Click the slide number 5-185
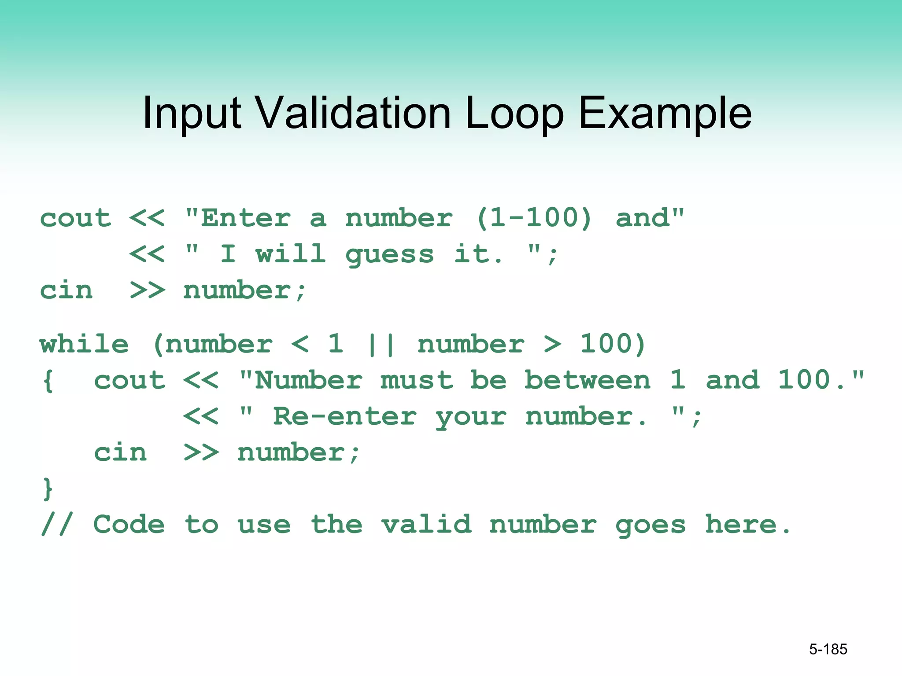coord(828,649)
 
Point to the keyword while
coord(84,344)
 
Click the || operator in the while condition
coord(381,345)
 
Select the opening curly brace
coord(48,381)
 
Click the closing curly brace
coord(48,489)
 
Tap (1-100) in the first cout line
coord(534,218)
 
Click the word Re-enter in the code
coord(344,416)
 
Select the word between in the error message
coord(587,380)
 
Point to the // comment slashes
coord(56,525)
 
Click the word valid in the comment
coord(426,525)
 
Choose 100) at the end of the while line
coord(613,344)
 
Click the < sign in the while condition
coord(300,344)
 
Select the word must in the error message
coord(417,380)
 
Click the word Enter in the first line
coord(246,218)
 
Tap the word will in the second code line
coord(291,254)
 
